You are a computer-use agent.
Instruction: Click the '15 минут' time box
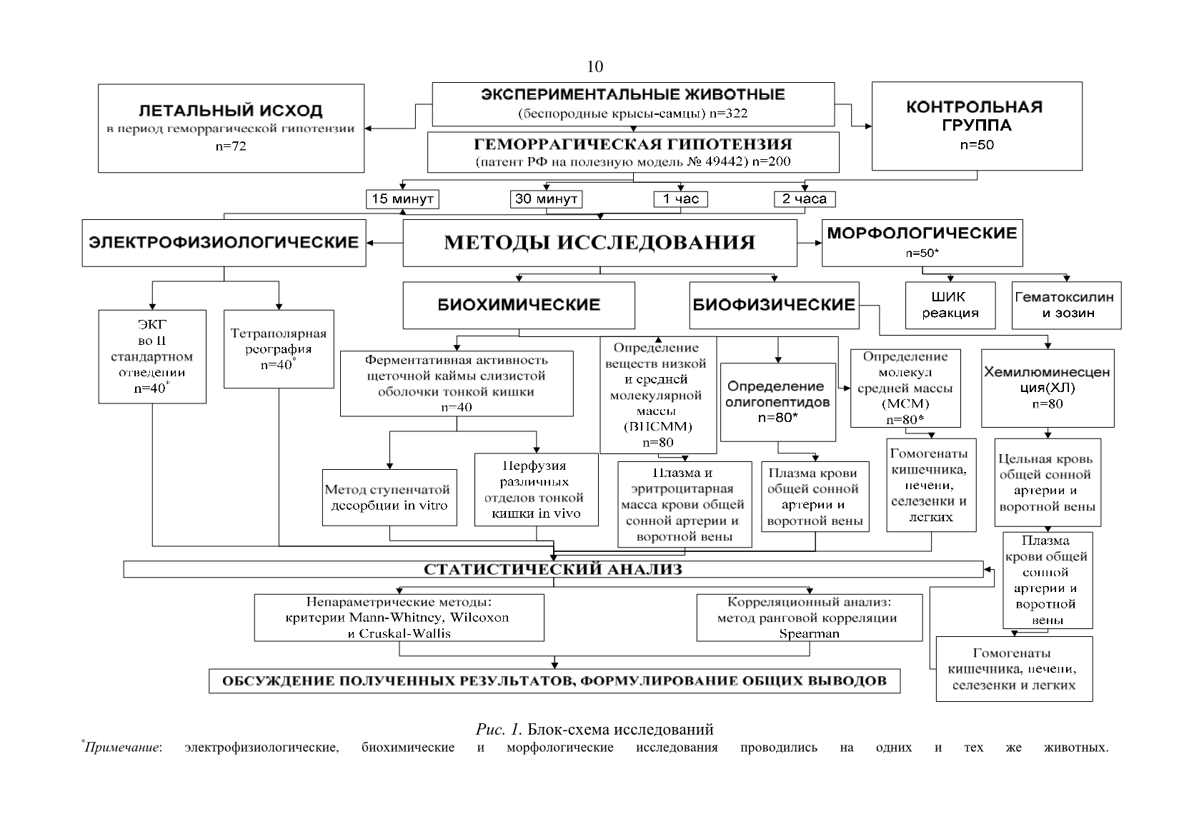tap(402, 199)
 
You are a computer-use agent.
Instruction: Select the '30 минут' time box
tap(546, 199)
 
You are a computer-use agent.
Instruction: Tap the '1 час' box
tap(680, 199)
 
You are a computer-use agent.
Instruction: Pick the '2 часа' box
tap(804, 199)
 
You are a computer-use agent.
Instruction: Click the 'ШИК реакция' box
tap(950, 305)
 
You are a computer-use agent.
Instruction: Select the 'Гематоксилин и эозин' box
tap(1066, 305)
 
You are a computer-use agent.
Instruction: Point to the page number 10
tap(595, 66)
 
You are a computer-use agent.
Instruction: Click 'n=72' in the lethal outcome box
tap(231, 146)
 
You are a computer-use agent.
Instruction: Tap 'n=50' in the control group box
tap(977, 145)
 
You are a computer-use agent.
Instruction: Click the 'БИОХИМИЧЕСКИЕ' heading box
tap(519, 305)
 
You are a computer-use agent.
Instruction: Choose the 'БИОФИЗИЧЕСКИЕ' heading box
tap(774, 305)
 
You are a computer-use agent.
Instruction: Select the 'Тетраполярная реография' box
tap(279, 349)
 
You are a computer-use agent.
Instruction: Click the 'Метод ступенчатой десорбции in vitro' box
tap(389, 498)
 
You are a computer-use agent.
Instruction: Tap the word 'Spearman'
tap(810, 633)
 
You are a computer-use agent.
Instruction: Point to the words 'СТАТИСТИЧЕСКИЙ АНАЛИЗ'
tap(552, 569)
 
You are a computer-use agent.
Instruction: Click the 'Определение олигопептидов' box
tap(777, 402)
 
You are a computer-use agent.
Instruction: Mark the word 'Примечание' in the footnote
tap(123, 748)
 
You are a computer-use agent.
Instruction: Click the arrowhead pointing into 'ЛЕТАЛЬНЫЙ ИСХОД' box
tap(368, 129)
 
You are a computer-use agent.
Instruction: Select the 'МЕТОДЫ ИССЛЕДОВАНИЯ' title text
tap(600, 242)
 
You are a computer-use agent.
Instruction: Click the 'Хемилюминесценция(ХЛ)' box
tap(1048, 388)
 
